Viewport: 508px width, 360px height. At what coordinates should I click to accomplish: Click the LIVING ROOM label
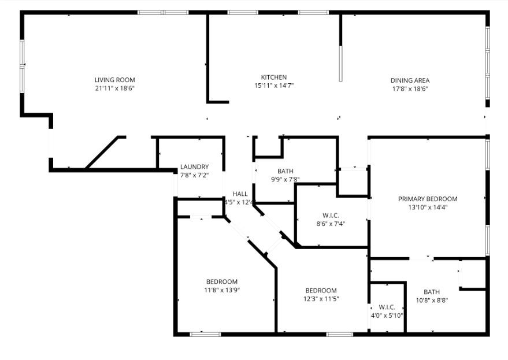pyautogui.click(x=114, y=80)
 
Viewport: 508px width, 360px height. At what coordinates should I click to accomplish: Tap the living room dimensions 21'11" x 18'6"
pyautogui.click(x=114, y=88)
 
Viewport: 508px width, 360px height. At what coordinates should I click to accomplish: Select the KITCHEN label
pyautogui.click(x=273, y=77)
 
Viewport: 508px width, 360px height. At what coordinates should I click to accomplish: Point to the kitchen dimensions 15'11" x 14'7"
pyautogui.click(x=273, y=86)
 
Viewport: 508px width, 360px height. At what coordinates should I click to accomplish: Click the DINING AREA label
pyautogui.click(x=410, y=80)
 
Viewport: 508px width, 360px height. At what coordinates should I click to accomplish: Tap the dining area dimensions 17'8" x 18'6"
pyautogui.click(x=410, y=89)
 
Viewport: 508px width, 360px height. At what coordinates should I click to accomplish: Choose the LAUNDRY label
pyautogui.click(x=194, y=167)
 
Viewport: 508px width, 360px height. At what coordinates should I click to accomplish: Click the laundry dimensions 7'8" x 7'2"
pyautogui.click(x=194, y=175)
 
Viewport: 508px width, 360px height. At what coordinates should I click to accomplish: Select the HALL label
pyautogui.click(x=240, y=194)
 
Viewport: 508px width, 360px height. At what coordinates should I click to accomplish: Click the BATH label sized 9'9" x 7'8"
pyautogui.click(x=285, y=171)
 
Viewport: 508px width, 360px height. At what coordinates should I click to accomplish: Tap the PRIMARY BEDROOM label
pyautogui.click(x=428, y=199)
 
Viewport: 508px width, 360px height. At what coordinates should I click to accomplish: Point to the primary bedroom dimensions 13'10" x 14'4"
pyautogui.click(x=428, y=207)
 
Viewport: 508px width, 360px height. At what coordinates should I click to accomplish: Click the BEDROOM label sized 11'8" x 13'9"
pyautogui.click(x=221, y=281)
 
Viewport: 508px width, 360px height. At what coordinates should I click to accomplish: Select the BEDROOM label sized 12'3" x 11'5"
pyautogui.click(x=321, y=290)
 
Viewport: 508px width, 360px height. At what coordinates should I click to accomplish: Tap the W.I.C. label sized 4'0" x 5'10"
pyautogui.click(x=387, y=307)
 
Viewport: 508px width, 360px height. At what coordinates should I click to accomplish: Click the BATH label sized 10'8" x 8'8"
pyautogui.click(x=431, y=292)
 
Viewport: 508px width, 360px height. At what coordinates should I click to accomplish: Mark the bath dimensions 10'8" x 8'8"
pyautogui.click(x=431, y=300)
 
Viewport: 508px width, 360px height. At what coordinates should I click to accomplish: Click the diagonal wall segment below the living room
pyautogui.click(x=104, y=153)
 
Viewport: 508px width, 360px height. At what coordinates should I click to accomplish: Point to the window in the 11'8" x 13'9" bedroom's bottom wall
pyautogui.click(x=205, y=333)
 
